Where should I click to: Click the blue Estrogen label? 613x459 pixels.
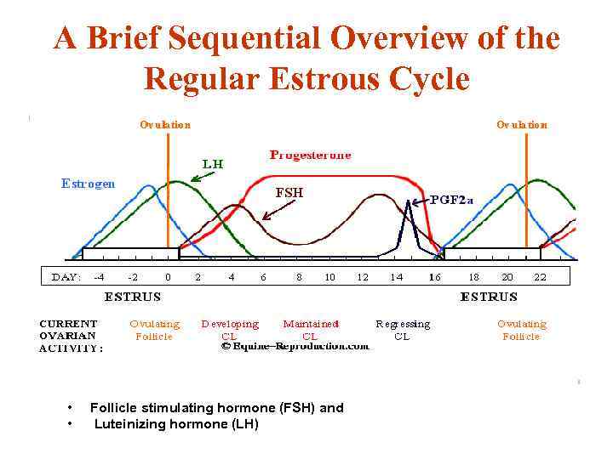click(x=89, y=184)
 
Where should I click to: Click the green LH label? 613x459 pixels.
click(x=213, y=163)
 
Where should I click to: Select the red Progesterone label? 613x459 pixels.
click(x=310, y=156)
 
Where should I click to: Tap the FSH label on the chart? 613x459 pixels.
click(x=289, y=193)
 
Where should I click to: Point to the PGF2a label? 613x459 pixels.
click(x=451, y=200)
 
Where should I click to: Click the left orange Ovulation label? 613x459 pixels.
click(x=165, y=125)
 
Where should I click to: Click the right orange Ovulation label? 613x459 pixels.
click(x=522, y=125)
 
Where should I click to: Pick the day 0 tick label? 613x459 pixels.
click(x=168, y=277)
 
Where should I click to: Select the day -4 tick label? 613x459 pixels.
click(x=100, y=277)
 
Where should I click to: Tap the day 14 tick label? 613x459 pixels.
click(x=397, y=277)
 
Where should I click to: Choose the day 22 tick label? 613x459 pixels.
click(x=540, y=277)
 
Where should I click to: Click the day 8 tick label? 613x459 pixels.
click(x=299, y=277)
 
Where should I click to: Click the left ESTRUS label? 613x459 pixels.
click(x=132, y=297)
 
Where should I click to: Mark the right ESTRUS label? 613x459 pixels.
click(x=489, y=297)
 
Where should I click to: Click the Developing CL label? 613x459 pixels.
click(x=230, y=330)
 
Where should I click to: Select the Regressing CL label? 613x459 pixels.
click(x=403, y=330)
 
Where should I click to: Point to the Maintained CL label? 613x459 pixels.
click(x=311, y=330)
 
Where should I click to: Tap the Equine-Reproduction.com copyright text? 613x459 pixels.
click(x=295, y=346)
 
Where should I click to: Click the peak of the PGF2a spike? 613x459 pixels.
click(x=409, y=201)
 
